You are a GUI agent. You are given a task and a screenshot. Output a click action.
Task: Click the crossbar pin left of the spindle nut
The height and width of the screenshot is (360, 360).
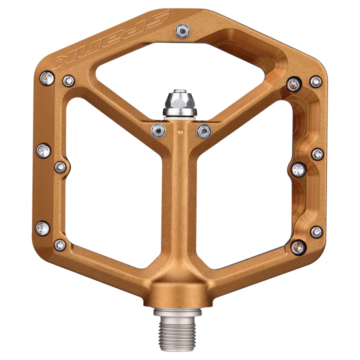158,130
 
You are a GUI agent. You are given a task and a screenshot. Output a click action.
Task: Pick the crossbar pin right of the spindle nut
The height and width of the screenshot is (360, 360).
203,131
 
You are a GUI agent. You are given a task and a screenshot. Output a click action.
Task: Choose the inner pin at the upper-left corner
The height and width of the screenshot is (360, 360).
69,80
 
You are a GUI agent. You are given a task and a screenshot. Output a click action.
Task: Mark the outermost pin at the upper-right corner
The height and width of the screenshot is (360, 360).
316,81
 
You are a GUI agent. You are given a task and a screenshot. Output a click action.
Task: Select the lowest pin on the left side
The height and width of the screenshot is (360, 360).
60,244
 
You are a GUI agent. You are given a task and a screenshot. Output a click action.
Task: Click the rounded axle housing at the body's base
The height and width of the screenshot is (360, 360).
179,292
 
